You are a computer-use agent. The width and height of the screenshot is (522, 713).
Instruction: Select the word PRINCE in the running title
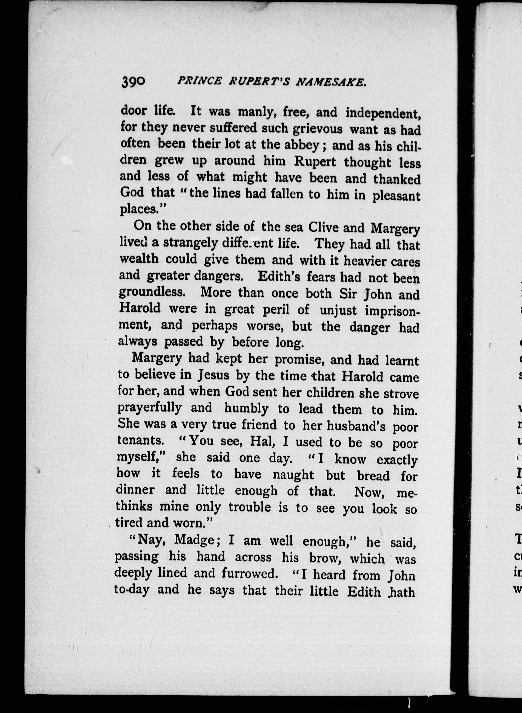tap(199, 81)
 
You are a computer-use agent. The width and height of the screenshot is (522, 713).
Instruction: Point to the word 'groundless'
tap(152, 292)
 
